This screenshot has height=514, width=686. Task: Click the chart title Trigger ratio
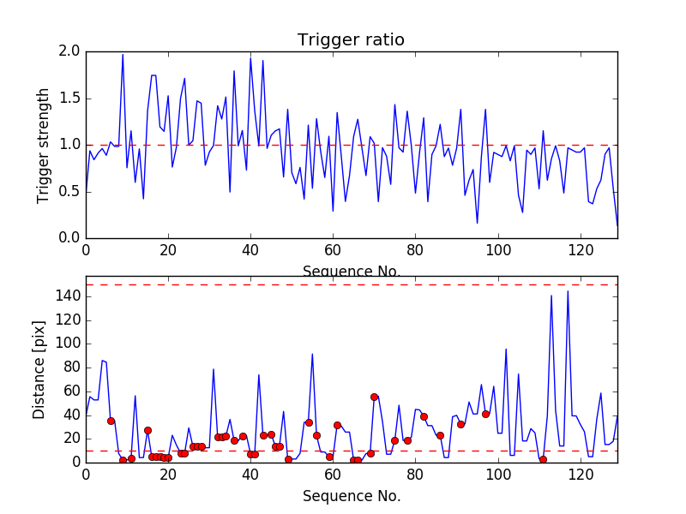(x=351, y=40)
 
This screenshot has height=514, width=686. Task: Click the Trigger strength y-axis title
(x=44, y=145)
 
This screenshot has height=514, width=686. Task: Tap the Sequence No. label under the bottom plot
(x=352, y=496)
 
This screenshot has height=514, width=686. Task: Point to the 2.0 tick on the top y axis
(x=70, y=51)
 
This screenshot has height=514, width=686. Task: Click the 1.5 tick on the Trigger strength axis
(x=70, y=99)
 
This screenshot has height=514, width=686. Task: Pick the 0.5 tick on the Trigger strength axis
(x=70, y=191)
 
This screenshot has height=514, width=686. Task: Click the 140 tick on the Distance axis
(x=67, y=296)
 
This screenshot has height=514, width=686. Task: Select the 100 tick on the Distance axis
(x=67, y=344)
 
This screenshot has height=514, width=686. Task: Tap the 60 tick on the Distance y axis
(x=70, y=391)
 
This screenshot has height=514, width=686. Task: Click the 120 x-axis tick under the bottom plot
(x=581, y=475)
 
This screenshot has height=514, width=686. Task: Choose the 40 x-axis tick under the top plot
(x=250, y=251)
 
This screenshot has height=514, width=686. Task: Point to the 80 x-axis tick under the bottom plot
(x=415, y=475)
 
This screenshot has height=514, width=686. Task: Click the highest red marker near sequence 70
(x=374, y=397)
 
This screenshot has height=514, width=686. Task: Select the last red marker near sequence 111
(x=543, y=459)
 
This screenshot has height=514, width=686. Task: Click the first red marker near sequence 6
(x=111, y=421)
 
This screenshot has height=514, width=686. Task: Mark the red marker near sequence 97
(x=485, y=414)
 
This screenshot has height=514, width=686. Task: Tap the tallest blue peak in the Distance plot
(x=568, y=291)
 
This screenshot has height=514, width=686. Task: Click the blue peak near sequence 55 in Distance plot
(x=312, y=354)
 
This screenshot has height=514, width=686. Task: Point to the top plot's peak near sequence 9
(x=123, y=55)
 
